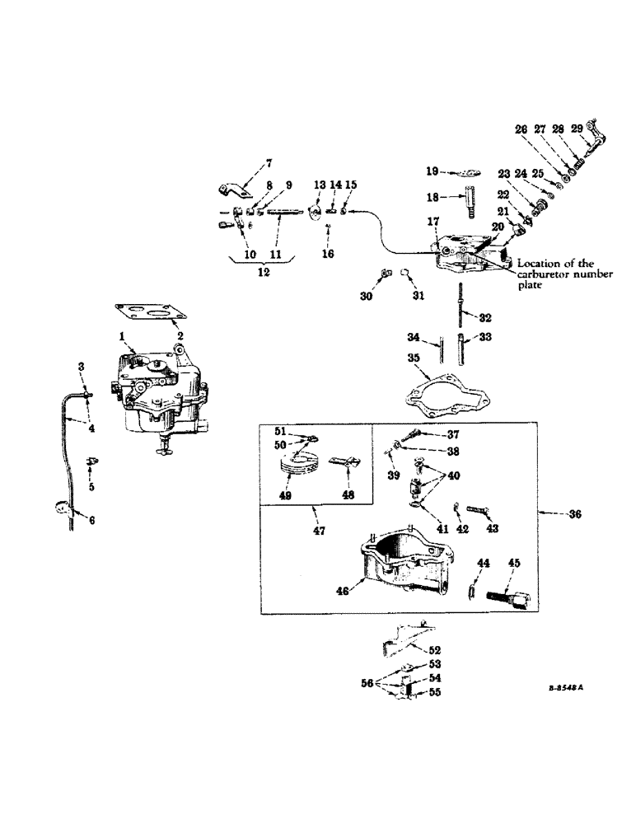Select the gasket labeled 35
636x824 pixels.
click(436, 391)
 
